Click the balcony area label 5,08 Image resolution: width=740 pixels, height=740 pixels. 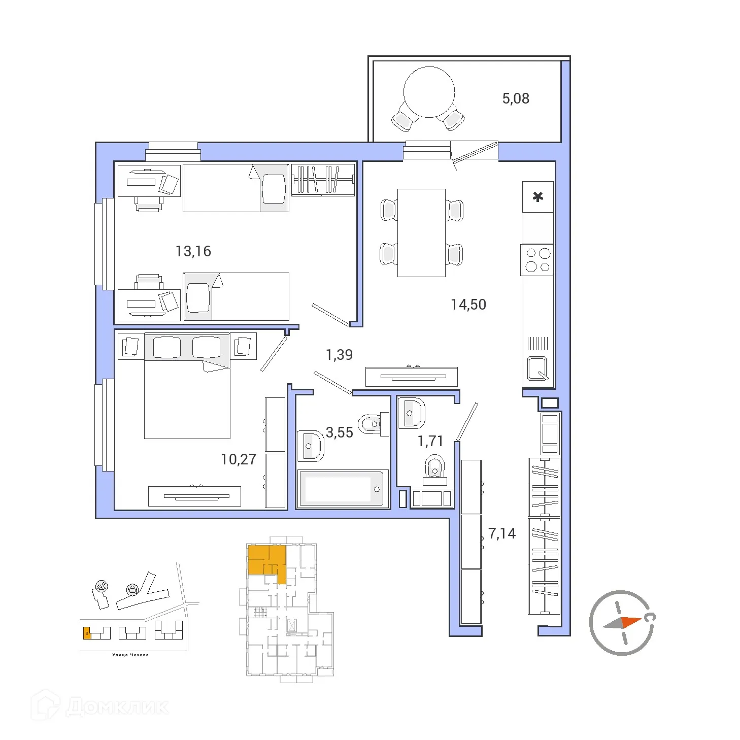tap(515, 98)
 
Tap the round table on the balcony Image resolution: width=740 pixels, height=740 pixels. tap(429, 92)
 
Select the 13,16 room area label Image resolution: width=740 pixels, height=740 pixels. tap(193, 251)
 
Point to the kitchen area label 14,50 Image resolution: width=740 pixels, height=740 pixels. tap(468, 305)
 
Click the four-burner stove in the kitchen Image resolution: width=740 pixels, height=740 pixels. tap(537, 260)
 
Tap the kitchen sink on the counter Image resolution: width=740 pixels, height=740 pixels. tap(537, 368)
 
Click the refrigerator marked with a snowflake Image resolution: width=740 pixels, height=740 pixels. tap(537, 197)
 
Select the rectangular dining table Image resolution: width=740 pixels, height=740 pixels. tap(421, 233)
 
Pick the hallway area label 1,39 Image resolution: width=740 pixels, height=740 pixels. tap(339, 355)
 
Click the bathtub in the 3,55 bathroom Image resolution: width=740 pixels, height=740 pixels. tap(342, 489)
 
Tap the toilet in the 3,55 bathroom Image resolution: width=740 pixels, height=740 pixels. tap(373, 424)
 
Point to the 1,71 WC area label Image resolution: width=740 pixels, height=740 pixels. tap(430, 442)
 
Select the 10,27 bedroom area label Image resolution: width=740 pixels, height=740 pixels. tap(238, 459)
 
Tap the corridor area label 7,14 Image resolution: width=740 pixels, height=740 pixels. tap(501, 533)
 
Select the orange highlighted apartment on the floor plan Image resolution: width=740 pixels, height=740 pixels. tap(266, 560)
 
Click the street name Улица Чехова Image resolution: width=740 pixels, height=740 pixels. tap(130, 655)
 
